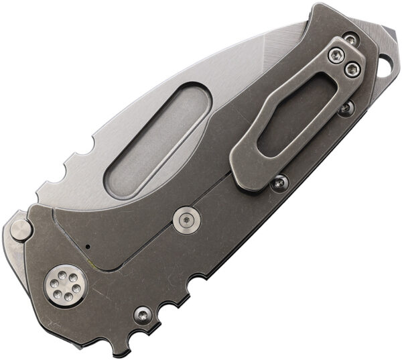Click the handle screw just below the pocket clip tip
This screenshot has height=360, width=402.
click(x=279, y=182)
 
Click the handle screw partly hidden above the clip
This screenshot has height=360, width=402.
click(x=350, y=40)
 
